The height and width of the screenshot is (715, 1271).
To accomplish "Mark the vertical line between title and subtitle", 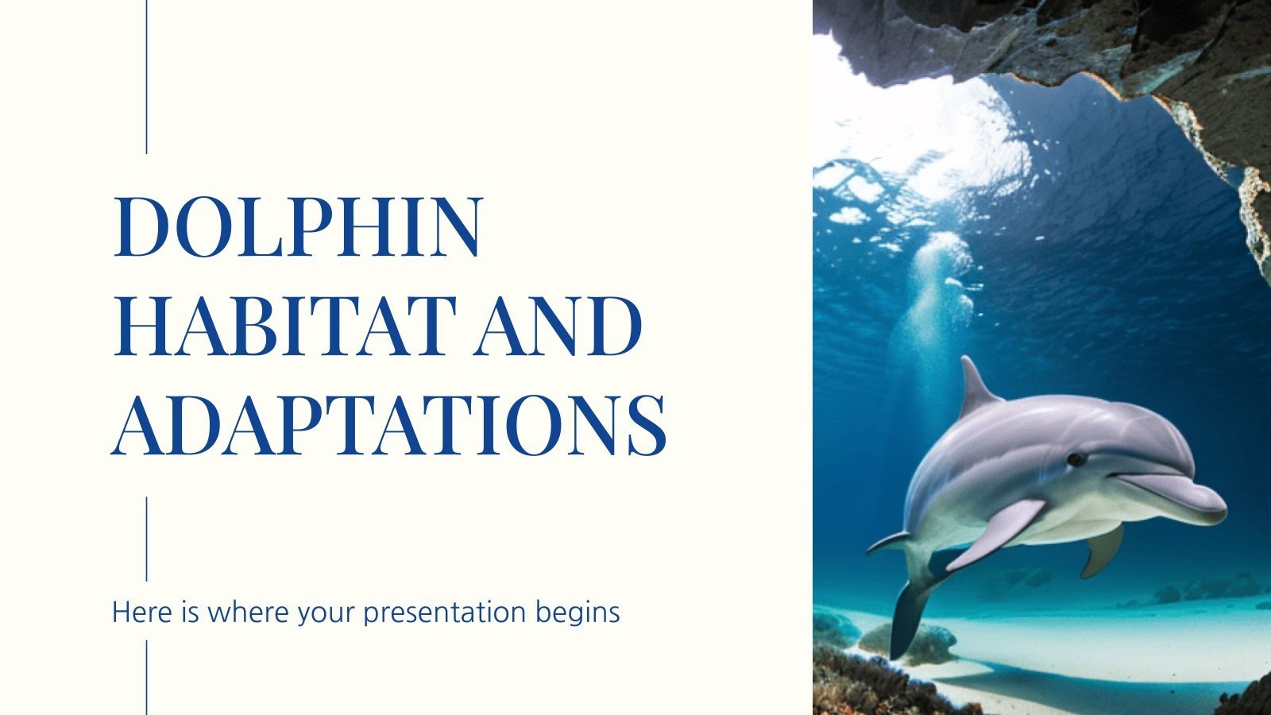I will click(x=147, y=538).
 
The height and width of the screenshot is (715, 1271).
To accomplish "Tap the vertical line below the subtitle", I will click(x=147, y=677).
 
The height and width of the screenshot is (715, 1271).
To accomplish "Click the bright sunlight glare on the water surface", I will click(x=953, y=127).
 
